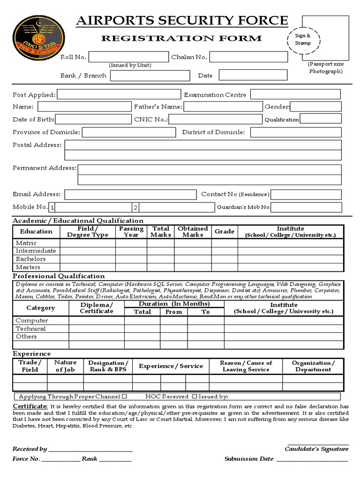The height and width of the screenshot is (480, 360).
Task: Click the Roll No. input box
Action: pos(128,57)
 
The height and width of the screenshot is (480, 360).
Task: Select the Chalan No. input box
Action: pos(248,57)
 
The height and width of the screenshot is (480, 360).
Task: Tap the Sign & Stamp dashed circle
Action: pos(302,39)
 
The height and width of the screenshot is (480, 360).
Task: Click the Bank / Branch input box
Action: pos(150,75)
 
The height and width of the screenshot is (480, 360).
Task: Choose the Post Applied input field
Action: pos(119,95)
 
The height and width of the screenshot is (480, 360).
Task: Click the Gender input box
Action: pos(316,107)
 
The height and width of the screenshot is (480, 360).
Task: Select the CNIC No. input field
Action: pos(216,119)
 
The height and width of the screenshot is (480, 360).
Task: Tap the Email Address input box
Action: pos(130,195)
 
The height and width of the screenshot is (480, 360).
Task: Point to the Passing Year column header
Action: pos(131,232)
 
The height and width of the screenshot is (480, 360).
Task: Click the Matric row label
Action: pos(26,243)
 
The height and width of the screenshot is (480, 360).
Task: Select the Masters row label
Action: pos(28,267)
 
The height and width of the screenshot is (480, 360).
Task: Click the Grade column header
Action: pos(225,232)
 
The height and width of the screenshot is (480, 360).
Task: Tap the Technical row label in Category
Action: pos(30,329)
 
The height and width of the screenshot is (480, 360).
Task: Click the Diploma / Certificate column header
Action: pos(97,308)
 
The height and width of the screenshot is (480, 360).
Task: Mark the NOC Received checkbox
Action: pos(195,397)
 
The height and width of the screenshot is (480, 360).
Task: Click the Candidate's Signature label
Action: pos(316,449)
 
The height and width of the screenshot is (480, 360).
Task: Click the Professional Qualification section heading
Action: pos(59,276)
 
